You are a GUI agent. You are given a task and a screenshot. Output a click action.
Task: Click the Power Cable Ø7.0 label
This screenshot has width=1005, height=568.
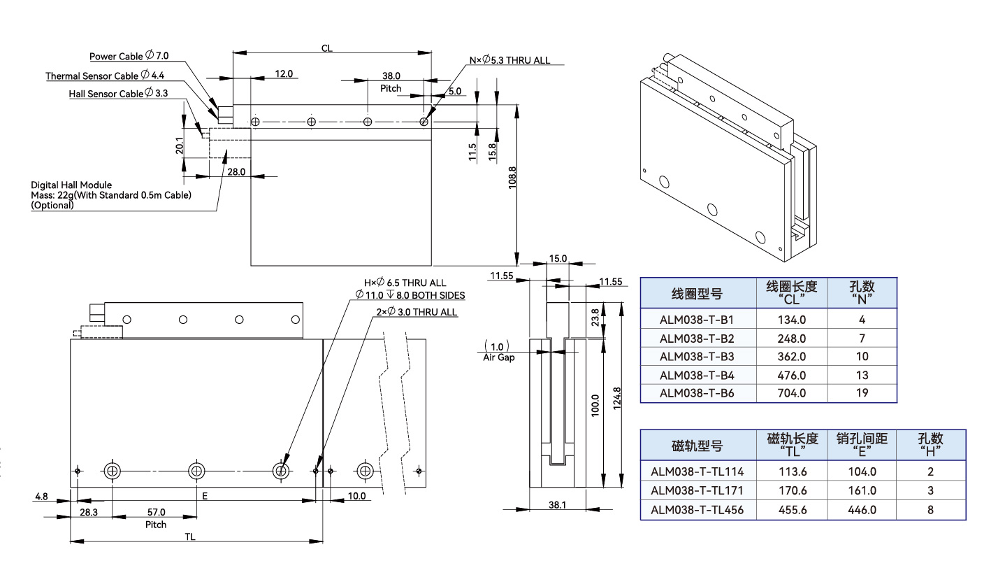129,56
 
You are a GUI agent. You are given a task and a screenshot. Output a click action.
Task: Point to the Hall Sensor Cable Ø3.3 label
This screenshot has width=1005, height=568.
118,93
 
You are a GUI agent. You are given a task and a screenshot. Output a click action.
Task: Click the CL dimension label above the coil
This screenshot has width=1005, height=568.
326,48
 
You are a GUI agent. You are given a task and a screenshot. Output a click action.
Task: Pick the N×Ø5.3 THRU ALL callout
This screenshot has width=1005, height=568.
510,60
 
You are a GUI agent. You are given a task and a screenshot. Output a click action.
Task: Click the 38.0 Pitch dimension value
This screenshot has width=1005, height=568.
391,76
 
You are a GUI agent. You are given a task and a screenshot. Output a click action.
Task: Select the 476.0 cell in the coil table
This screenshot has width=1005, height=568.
791,375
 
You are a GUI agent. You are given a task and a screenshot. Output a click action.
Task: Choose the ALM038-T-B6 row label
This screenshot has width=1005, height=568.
697,393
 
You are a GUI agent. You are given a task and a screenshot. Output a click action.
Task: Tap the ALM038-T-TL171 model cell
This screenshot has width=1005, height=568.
697,491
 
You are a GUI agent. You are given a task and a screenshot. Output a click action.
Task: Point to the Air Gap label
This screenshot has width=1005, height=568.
498,357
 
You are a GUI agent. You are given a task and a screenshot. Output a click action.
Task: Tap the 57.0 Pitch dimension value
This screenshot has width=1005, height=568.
156,512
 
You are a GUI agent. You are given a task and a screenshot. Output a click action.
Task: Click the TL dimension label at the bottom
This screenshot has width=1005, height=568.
190,536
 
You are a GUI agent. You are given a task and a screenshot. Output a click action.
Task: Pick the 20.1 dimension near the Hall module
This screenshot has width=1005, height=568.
180,145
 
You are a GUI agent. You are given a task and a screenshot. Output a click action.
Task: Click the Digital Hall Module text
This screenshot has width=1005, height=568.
71,185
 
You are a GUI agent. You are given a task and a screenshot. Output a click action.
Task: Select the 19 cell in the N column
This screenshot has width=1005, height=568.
862,393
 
